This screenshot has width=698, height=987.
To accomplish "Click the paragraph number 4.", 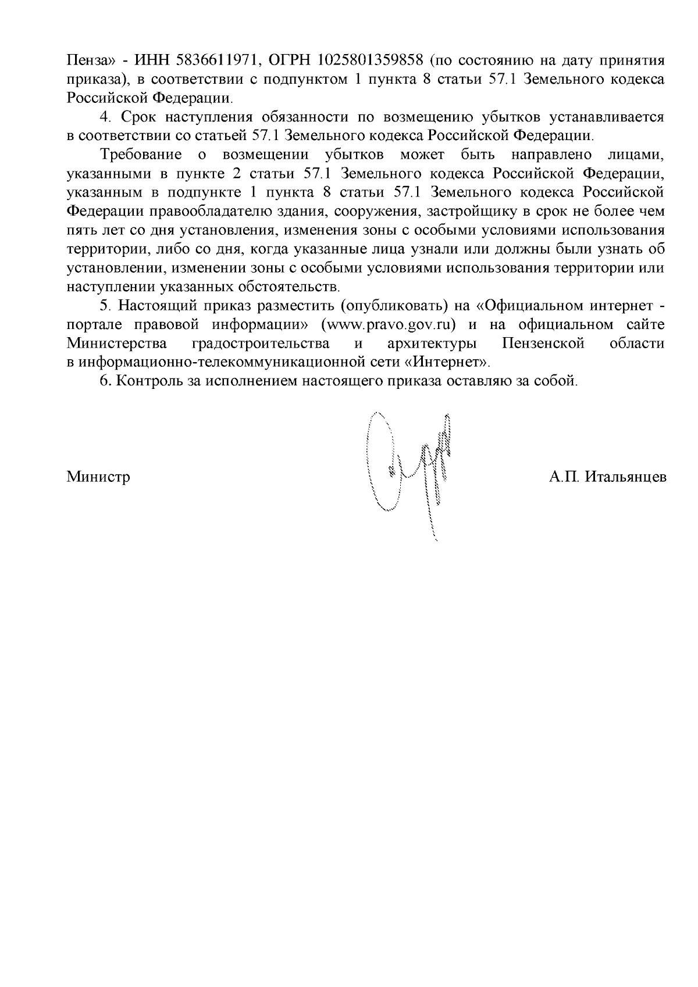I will pyautogui.click(x=105, y=117).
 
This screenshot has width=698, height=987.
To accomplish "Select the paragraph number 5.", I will pyautogui.click(x=105, y=305).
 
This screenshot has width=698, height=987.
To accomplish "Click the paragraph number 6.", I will pyautogui.click(x=105, y=381).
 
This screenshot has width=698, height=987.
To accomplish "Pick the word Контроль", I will pyautogui.click(x=146, y=381).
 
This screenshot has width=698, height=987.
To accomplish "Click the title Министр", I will pyautogui.click(x=98, y=477).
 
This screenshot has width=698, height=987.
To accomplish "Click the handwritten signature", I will pyautogui.click(x=407, y=465).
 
